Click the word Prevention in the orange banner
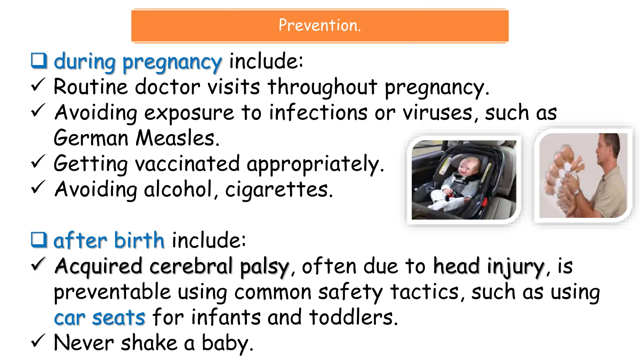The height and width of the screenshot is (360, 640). click(x=319, y=25)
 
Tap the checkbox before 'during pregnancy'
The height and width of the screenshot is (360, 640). click(x=39, y=61)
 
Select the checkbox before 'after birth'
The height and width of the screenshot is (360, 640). click(x=39, y=240)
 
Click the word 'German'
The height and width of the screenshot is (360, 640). click(x=91, y=138)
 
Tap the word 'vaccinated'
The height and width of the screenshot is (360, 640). click(x=187, y=164)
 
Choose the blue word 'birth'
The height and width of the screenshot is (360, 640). click(x=139, y=241)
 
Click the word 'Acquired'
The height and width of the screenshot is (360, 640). click(x=98, y=266)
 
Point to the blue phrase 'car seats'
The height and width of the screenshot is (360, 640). click(x=99, y=317)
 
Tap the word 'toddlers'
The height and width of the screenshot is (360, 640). click(x=353, y=317)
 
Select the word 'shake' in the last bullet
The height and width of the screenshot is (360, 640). click(x=149, y=343)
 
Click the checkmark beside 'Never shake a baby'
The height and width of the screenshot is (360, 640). click(x=38, y=341)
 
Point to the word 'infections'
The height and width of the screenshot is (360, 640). click(x=318, y=112)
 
